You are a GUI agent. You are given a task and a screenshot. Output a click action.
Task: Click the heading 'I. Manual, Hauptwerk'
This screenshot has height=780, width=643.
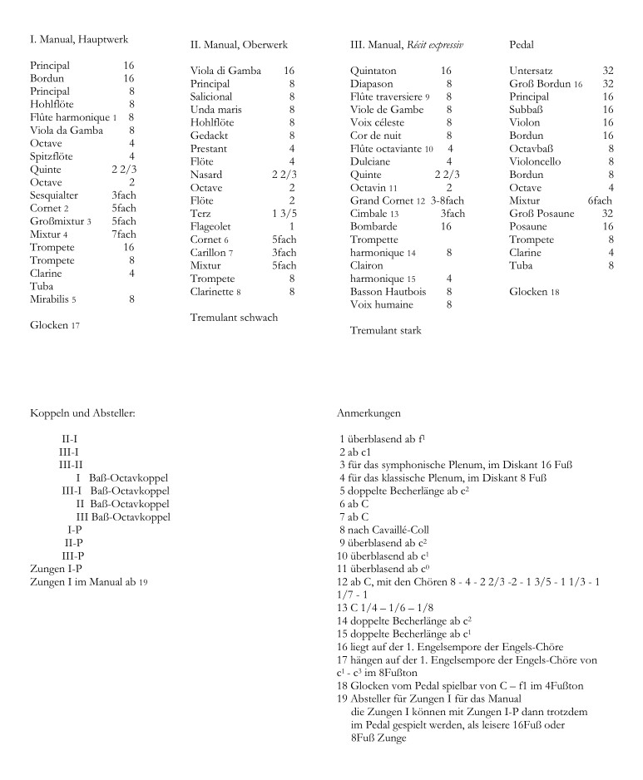tap(78, 39)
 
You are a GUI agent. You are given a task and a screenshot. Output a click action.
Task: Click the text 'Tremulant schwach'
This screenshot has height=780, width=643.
tap(234, 318)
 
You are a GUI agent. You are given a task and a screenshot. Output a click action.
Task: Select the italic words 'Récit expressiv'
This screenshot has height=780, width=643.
tap(435, 44)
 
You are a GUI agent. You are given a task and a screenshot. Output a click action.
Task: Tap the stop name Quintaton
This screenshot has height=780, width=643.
tap(373, 72)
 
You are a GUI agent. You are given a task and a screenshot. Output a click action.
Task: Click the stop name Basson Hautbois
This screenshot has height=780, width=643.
tap(388, 292)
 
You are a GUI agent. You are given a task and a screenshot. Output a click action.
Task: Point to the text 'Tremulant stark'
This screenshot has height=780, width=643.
tap(386, 331)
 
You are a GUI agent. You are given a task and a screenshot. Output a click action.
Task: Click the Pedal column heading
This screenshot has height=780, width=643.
tap(522, 44)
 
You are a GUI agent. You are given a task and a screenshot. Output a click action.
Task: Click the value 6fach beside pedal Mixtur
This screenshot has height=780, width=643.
tap(600, 200)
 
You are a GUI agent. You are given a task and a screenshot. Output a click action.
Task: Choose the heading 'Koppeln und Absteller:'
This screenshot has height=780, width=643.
tap(82, 412)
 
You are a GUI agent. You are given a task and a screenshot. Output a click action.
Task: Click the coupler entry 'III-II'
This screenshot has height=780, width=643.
tap(70, 464)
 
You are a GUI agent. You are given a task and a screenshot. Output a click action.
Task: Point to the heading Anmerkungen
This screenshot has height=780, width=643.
tap(369, 412)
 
